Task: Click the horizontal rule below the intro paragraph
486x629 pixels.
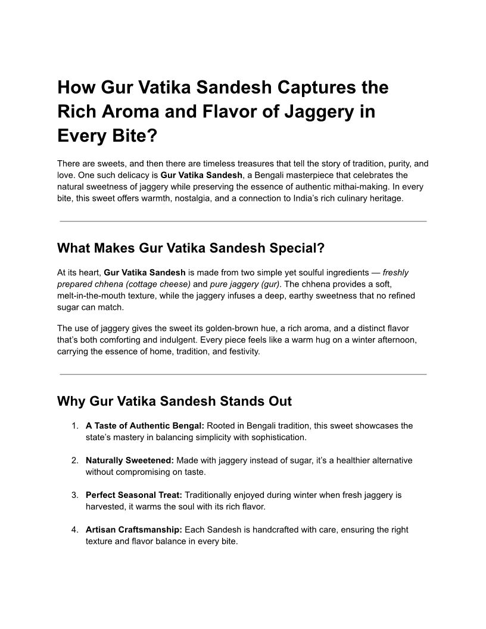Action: pyautogui.click(x=243, y=221)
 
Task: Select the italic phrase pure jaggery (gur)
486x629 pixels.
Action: pyautogui.click(x=245, y=284)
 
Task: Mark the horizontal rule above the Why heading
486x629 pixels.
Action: pyautogui.click(x=243, y=375)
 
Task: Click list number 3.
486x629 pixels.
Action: pyautogui.click(x=74, y=495)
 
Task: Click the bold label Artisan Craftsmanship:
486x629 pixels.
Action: pyautogui.click(x=134, y=530)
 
